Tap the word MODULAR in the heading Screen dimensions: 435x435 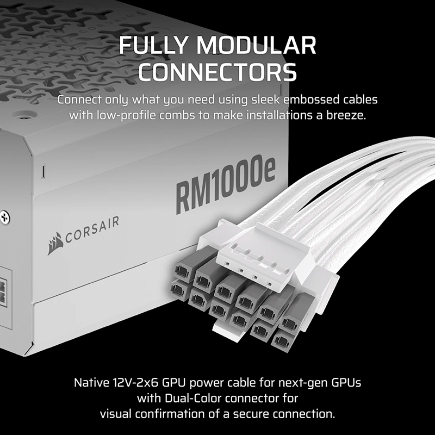[256, 45]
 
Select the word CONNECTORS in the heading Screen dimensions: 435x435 [217, 72]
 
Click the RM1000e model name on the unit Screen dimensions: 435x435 [225, 184]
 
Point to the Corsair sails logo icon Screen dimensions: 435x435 [55, 243]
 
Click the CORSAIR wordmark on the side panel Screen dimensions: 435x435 [92, 229]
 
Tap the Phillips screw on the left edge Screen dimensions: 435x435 [4, 217]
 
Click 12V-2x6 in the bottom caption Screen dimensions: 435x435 [135, 383]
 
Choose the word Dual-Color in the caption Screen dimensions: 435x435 [193, 398]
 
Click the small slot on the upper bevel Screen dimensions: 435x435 [43, 170]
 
